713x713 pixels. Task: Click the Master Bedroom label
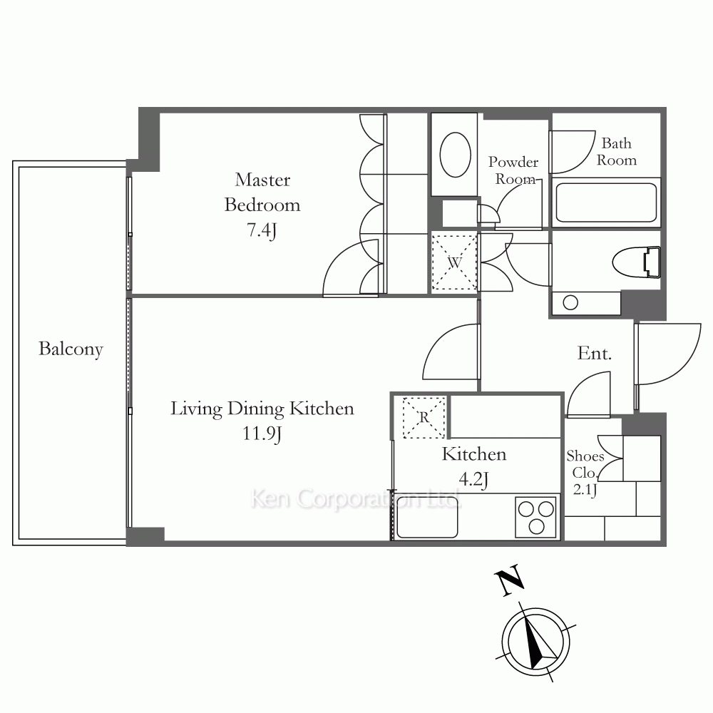tap(262, 193)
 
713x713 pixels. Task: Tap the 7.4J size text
tap(262, 230)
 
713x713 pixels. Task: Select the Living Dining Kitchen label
tap(262, 409)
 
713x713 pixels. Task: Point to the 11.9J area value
tap(262, 434)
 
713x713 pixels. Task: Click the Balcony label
tap(71, 349)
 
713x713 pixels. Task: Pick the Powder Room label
tap(514, 170)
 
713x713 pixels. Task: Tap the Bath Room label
tap(617, 151)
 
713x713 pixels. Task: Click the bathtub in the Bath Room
tap(606, 202)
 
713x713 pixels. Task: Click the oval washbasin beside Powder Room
tap(455, 155)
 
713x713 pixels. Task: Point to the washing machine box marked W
tap(453, 262)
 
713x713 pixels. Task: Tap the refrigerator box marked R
tap(424, 417)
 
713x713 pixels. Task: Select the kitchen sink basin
tap(427, 516)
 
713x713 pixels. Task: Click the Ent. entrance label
tap(595, 354)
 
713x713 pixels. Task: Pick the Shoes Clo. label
tap(585, 464)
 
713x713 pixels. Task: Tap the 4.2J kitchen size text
tap(474, 479)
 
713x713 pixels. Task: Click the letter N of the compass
tap(509, 580)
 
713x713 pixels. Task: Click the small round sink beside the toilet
tap(570, 302)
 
